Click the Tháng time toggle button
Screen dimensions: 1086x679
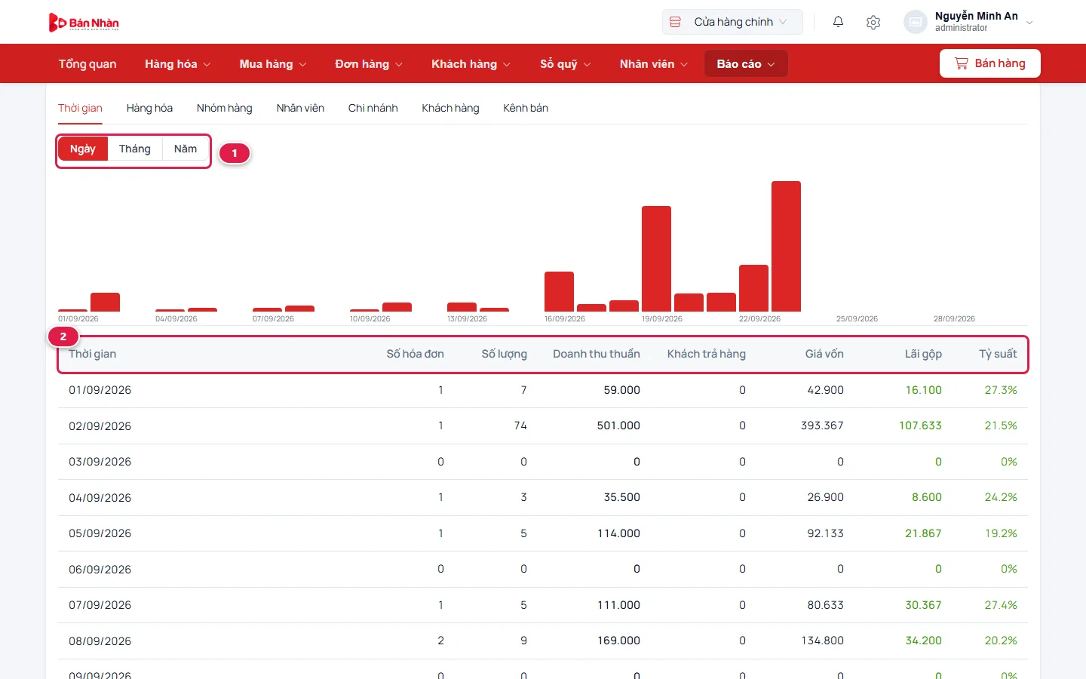[135, 149]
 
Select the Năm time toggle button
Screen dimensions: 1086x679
[186, 149]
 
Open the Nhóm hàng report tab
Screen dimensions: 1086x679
[225, 108]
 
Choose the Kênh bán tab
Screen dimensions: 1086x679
[526, 108]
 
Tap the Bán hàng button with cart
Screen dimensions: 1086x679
[990, 63]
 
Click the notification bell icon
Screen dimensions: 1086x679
[839, 22]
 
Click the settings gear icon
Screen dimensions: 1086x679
[873, 23]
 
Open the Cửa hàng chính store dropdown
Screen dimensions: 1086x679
[732, 22]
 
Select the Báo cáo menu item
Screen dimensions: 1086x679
[746, 63]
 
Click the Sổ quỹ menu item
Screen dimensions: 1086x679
[566, 64]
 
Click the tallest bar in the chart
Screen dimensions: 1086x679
[786, 246]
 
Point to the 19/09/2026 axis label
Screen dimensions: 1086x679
[662, 318]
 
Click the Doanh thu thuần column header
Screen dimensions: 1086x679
[597, 354]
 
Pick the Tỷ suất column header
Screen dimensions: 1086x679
[998, 354]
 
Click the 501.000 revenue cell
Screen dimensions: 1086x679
[618, 426]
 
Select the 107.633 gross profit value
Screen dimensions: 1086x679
[920, 426]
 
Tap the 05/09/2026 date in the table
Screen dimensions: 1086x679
[100, 533]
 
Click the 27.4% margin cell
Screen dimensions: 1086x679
[1001, 605]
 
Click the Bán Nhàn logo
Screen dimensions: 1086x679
[84, 23]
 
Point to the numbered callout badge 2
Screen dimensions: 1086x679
[63, 336]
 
